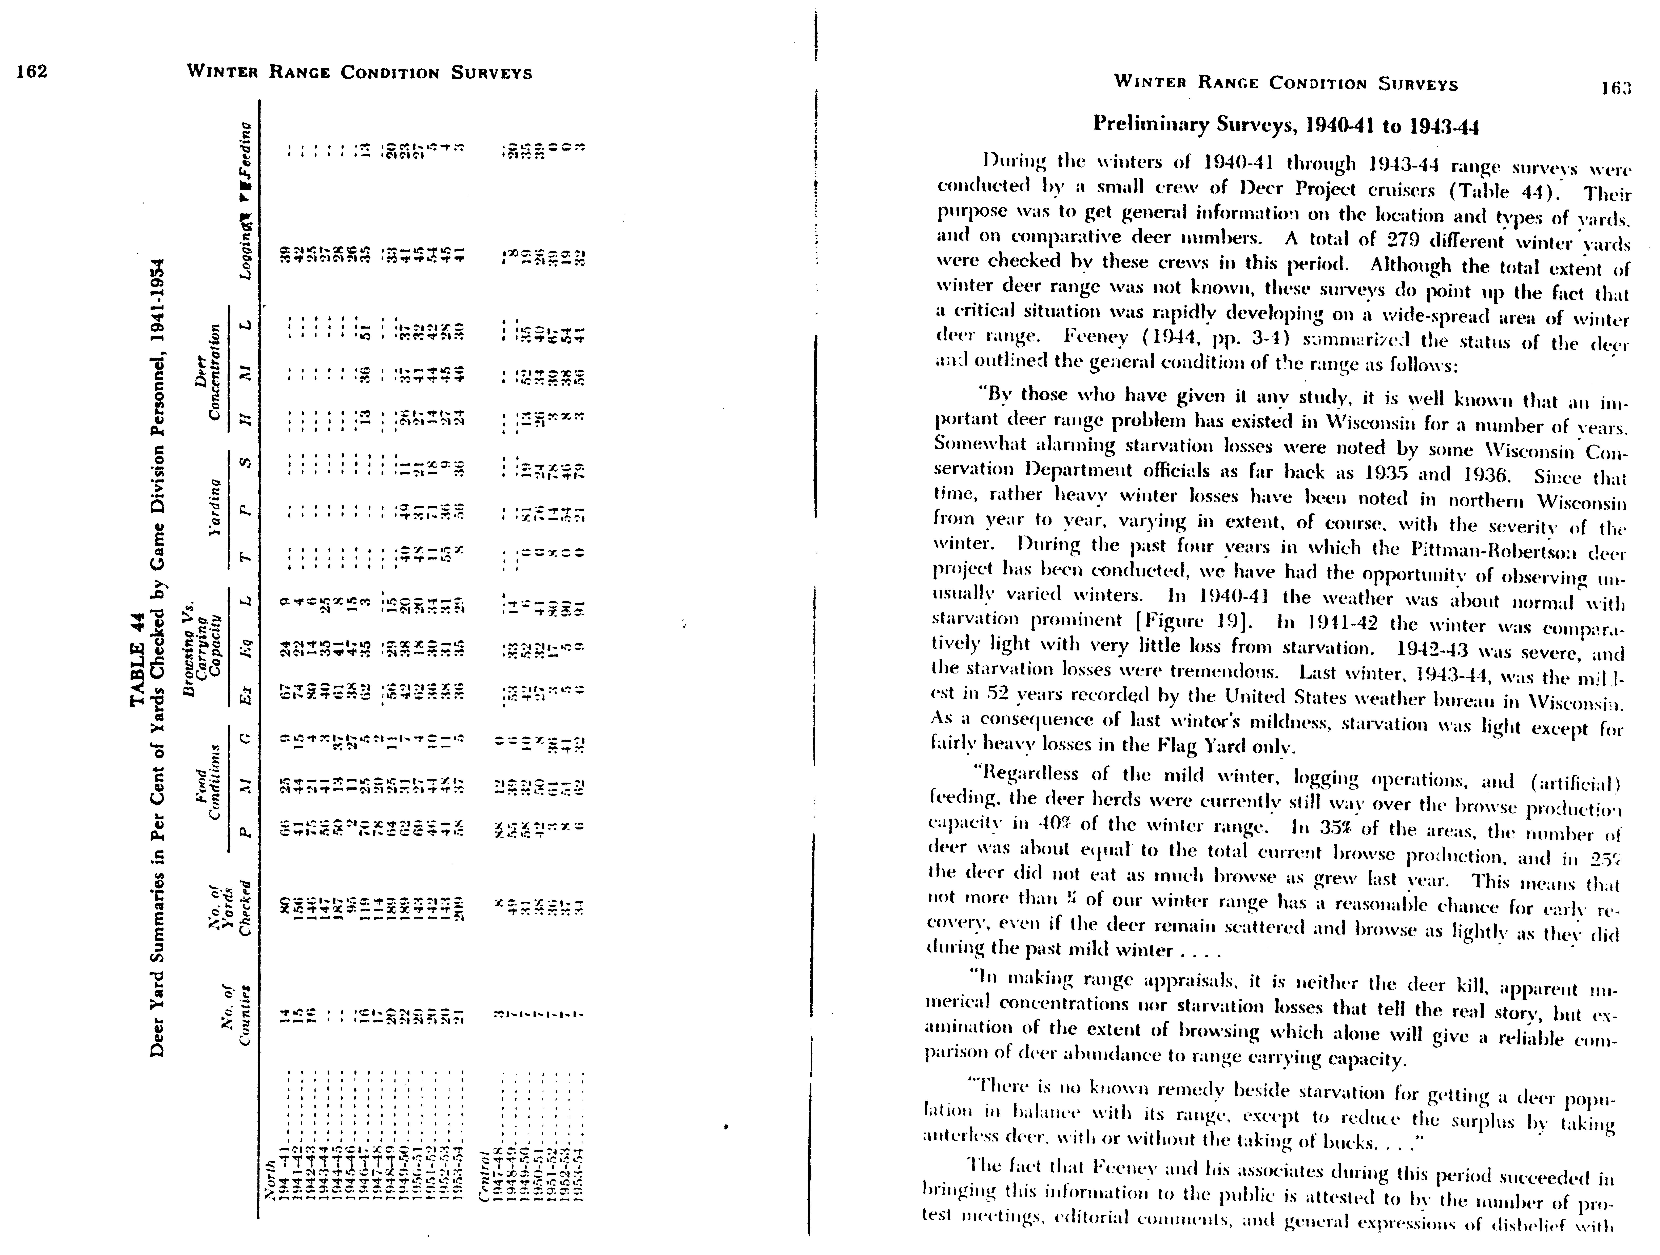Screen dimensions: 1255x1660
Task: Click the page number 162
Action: [x=32, y=71]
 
